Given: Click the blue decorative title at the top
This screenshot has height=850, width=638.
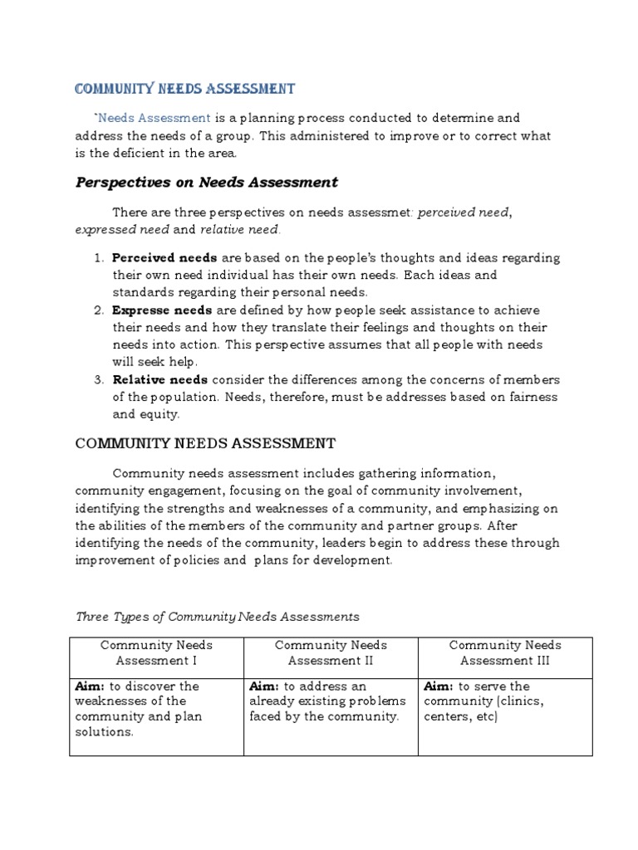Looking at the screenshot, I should [185, 88].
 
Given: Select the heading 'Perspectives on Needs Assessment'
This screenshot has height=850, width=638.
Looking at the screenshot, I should [207, 182].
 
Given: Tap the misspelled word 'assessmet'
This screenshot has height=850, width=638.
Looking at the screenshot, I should [379, 212].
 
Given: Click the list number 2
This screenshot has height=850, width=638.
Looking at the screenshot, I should [98, 310].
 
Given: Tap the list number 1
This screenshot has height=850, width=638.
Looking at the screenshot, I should [98, 257].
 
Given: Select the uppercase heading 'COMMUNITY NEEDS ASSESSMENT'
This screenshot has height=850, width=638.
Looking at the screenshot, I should [205, 443].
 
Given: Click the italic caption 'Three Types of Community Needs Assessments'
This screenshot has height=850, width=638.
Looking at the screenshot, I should [218, 616].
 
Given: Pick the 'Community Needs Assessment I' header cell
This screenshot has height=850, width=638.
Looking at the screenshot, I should [156, 652].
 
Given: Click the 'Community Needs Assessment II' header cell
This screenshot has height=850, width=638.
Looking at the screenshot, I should [331, 652].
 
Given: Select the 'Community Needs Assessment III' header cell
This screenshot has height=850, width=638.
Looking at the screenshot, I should [505, 652].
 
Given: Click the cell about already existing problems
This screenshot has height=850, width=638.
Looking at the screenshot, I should [331, 701].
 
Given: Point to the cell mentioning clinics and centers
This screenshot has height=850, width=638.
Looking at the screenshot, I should [505, 701].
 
